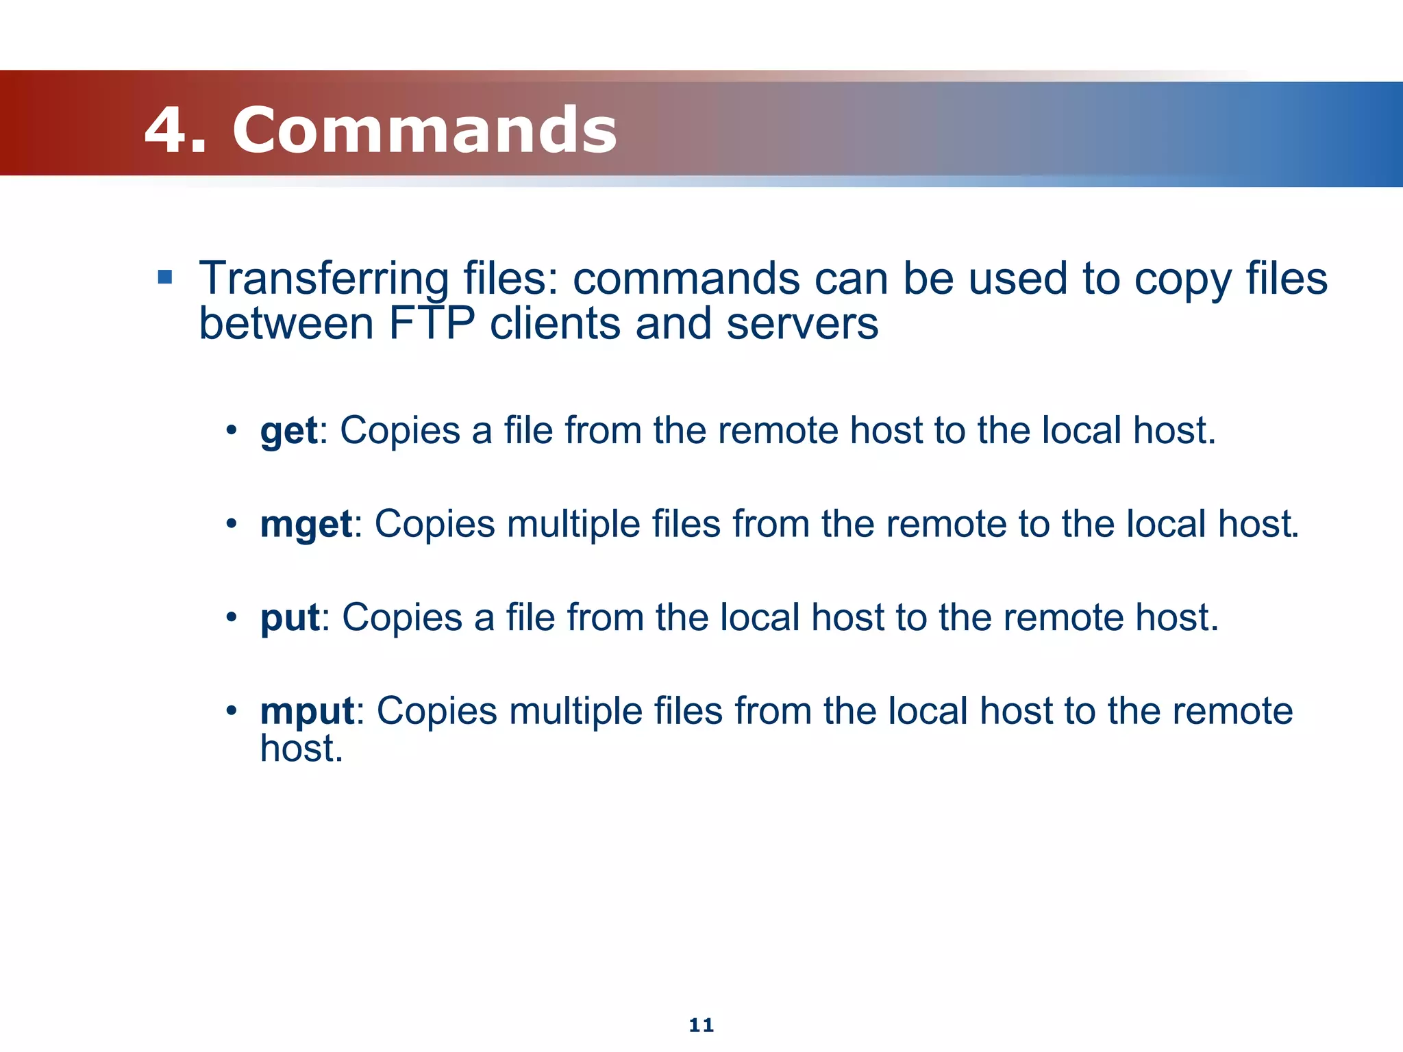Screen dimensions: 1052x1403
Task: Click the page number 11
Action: point(701,1025)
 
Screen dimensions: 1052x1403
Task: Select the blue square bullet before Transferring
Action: point(164,277)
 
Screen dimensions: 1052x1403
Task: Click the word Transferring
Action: point(324,279)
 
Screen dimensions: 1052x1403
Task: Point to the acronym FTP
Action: point(432,323)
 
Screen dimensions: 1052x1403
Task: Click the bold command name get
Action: point(288,431)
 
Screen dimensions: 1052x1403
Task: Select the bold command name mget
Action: point(306,525)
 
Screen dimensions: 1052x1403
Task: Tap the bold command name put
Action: point(290,618)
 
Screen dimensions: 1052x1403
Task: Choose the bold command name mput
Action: point(307,711)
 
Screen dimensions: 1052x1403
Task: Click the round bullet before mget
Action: point(232,525)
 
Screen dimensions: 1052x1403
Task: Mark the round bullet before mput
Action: point(232,711)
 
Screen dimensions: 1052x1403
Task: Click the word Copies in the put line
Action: point(402,618)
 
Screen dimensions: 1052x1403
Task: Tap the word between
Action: point(286,323)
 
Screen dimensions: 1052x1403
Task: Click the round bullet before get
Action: point(232,431)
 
